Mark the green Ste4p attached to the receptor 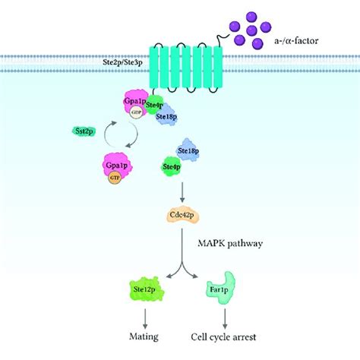point(153,107)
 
